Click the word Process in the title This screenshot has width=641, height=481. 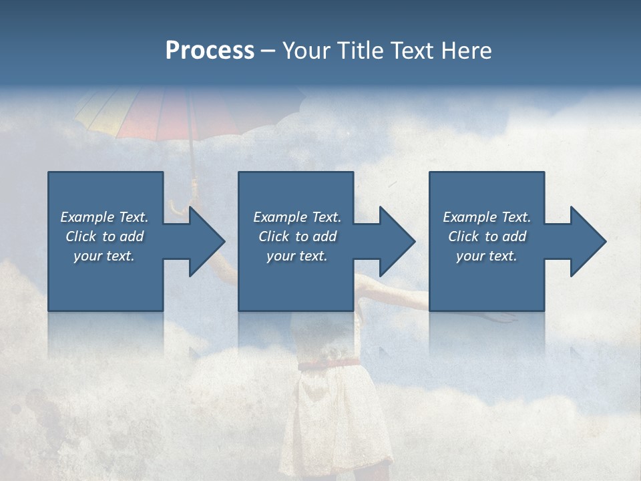(x=210, y=51)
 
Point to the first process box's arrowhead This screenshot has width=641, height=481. (x=204, y=241)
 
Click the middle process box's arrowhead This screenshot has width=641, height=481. (x=395, y=241)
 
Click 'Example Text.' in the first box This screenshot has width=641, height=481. (x=104, y=217)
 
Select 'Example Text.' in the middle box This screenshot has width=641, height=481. (x=296, y=217)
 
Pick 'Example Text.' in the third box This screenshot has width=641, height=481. (x=486, y=217)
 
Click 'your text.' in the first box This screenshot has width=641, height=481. (x=104, y=256)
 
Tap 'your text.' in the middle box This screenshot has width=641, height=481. (x=296, y=256)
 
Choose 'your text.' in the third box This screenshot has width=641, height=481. (x=486, y=256)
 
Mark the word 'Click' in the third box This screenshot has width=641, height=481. (x=463, y=236)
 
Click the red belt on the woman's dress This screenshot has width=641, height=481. (x=329, y=364)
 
